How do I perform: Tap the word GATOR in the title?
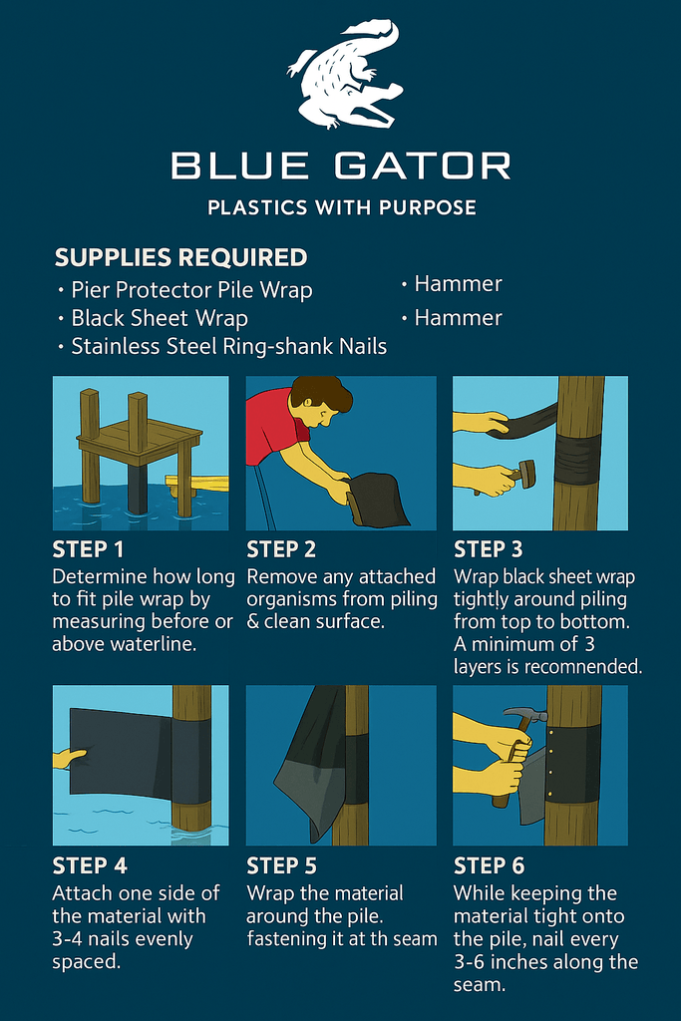[423, 166]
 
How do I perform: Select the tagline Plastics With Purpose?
[341, 208]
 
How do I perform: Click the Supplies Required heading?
[180, 257]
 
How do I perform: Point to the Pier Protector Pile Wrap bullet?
[191, 290]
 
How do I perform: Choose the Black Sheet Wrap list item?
[160, 318]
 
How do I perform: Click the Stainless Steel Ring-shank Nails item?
[228, 346]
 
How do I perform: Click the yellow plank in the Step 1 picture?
[199, 485]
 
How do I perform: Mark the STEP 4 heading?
[90, 865]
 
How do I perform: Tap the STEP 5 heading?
[284, 865]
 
